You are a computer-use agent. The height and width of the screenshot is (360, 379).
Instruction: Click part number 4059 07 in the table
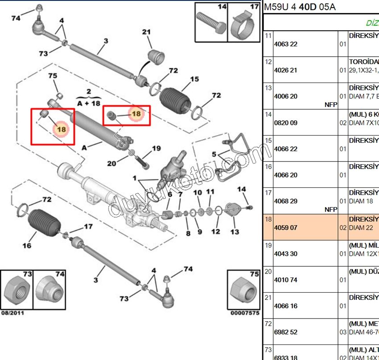coord(285,228)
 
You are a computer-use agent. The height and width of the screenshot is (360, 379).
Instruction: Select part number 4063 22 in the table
coord(285,44)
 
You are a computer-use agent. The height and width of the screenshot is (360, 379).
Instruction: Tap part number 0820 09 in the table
coord(285,123)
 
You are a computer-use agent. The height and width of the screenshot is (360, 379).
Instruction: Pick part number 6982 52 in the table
coord(285,332)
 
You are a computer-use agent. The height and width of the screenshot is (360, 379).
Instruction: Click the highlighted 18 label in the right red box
coord(136,114)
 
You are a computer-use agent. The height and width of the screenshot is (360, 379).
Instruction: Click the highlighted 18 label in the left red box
coord(61,129)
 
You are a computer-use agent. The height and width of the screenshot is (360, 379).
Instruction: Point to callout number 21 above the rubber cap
coord(146,32)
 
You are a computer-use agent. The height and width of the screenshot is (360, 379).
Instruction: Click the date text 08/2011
coord(13,313)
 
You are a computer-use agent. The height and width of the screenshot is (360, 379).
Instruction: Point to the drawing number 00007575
coord(244,313)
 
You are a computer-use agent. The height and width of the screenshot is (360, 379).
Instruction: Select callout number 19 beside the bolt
coord(156,149)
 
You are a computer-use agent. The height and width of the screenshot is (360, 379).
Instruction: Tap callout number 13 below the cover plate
coord(235,232)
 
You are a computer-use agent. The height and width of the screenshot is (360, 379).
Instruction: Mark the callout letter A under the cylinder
coord(85,147)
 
